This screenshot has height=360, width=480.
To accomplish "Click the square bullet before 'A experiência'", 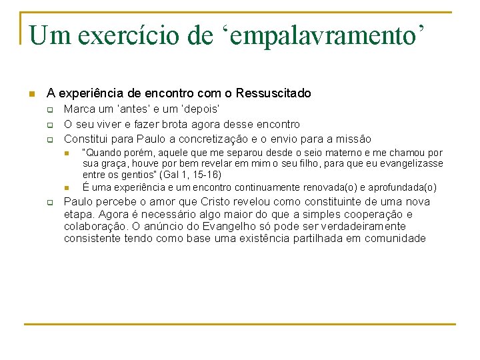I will click(31, 94).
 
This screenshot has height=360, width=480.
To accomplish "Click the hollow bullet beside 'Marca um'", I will click(49, 109).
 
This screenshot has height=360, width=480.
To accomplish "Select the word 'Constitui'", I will click(85, 139).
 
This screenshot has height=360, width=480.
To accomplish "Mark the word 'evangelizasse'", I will click(412, 163).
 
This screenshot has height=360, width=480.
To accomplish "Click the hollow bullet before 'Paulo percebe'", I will click(49, 203).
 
